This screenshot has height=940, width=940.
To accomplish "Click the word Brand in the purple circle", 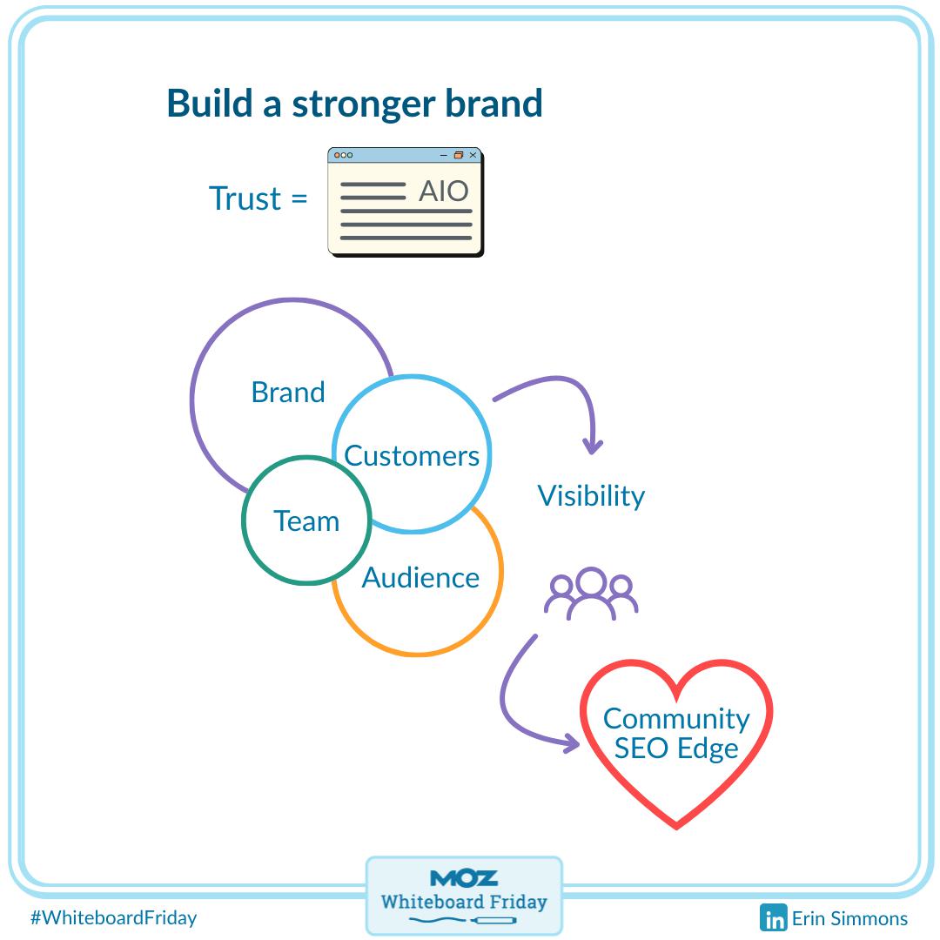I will coord(288,393).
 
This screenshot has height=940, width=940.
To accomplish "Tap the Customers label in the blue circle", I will coord(412,455).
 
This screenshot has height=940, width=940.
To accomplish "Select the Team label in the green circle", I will coord(306,520).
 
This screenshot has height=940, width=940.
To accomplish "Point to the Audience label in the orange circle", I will coord(420,577).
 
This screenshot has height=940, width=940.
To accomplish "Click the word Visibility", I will coord(591,495).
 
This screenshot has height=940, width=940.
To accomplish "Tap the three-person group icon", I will coord(591,594).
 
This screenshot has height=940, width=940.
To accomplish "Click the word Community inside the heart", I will coord(676,718).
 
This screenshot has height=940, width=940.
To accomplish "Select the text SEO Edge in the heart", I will coord(676,748).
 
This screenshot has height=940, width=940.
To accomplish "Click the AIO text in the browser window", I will coord(444,191).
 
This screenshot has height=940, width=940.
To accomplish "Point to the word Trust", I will coord(245,198).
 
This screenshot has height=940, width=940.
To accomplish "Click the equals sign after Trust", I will coord(299,199).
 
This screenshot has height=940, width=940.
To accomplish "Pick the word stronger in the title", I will coord(364,103).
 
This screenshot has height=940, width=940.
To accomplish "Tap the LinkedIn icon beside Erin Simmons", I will coord(773,918).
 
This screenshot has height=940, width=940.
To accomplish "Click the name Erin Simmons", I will coord(849,918).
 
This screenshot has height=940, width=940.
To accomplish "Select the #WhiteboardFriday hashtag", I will coord(113,917).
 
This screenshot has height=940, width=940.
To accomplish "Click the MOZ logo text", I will coord(464,877).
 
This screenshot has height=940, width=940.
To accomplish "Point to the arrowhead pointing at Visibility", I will coord(594,446).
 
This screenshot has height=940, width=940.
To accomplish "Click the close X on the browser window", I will coord(473,155).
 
